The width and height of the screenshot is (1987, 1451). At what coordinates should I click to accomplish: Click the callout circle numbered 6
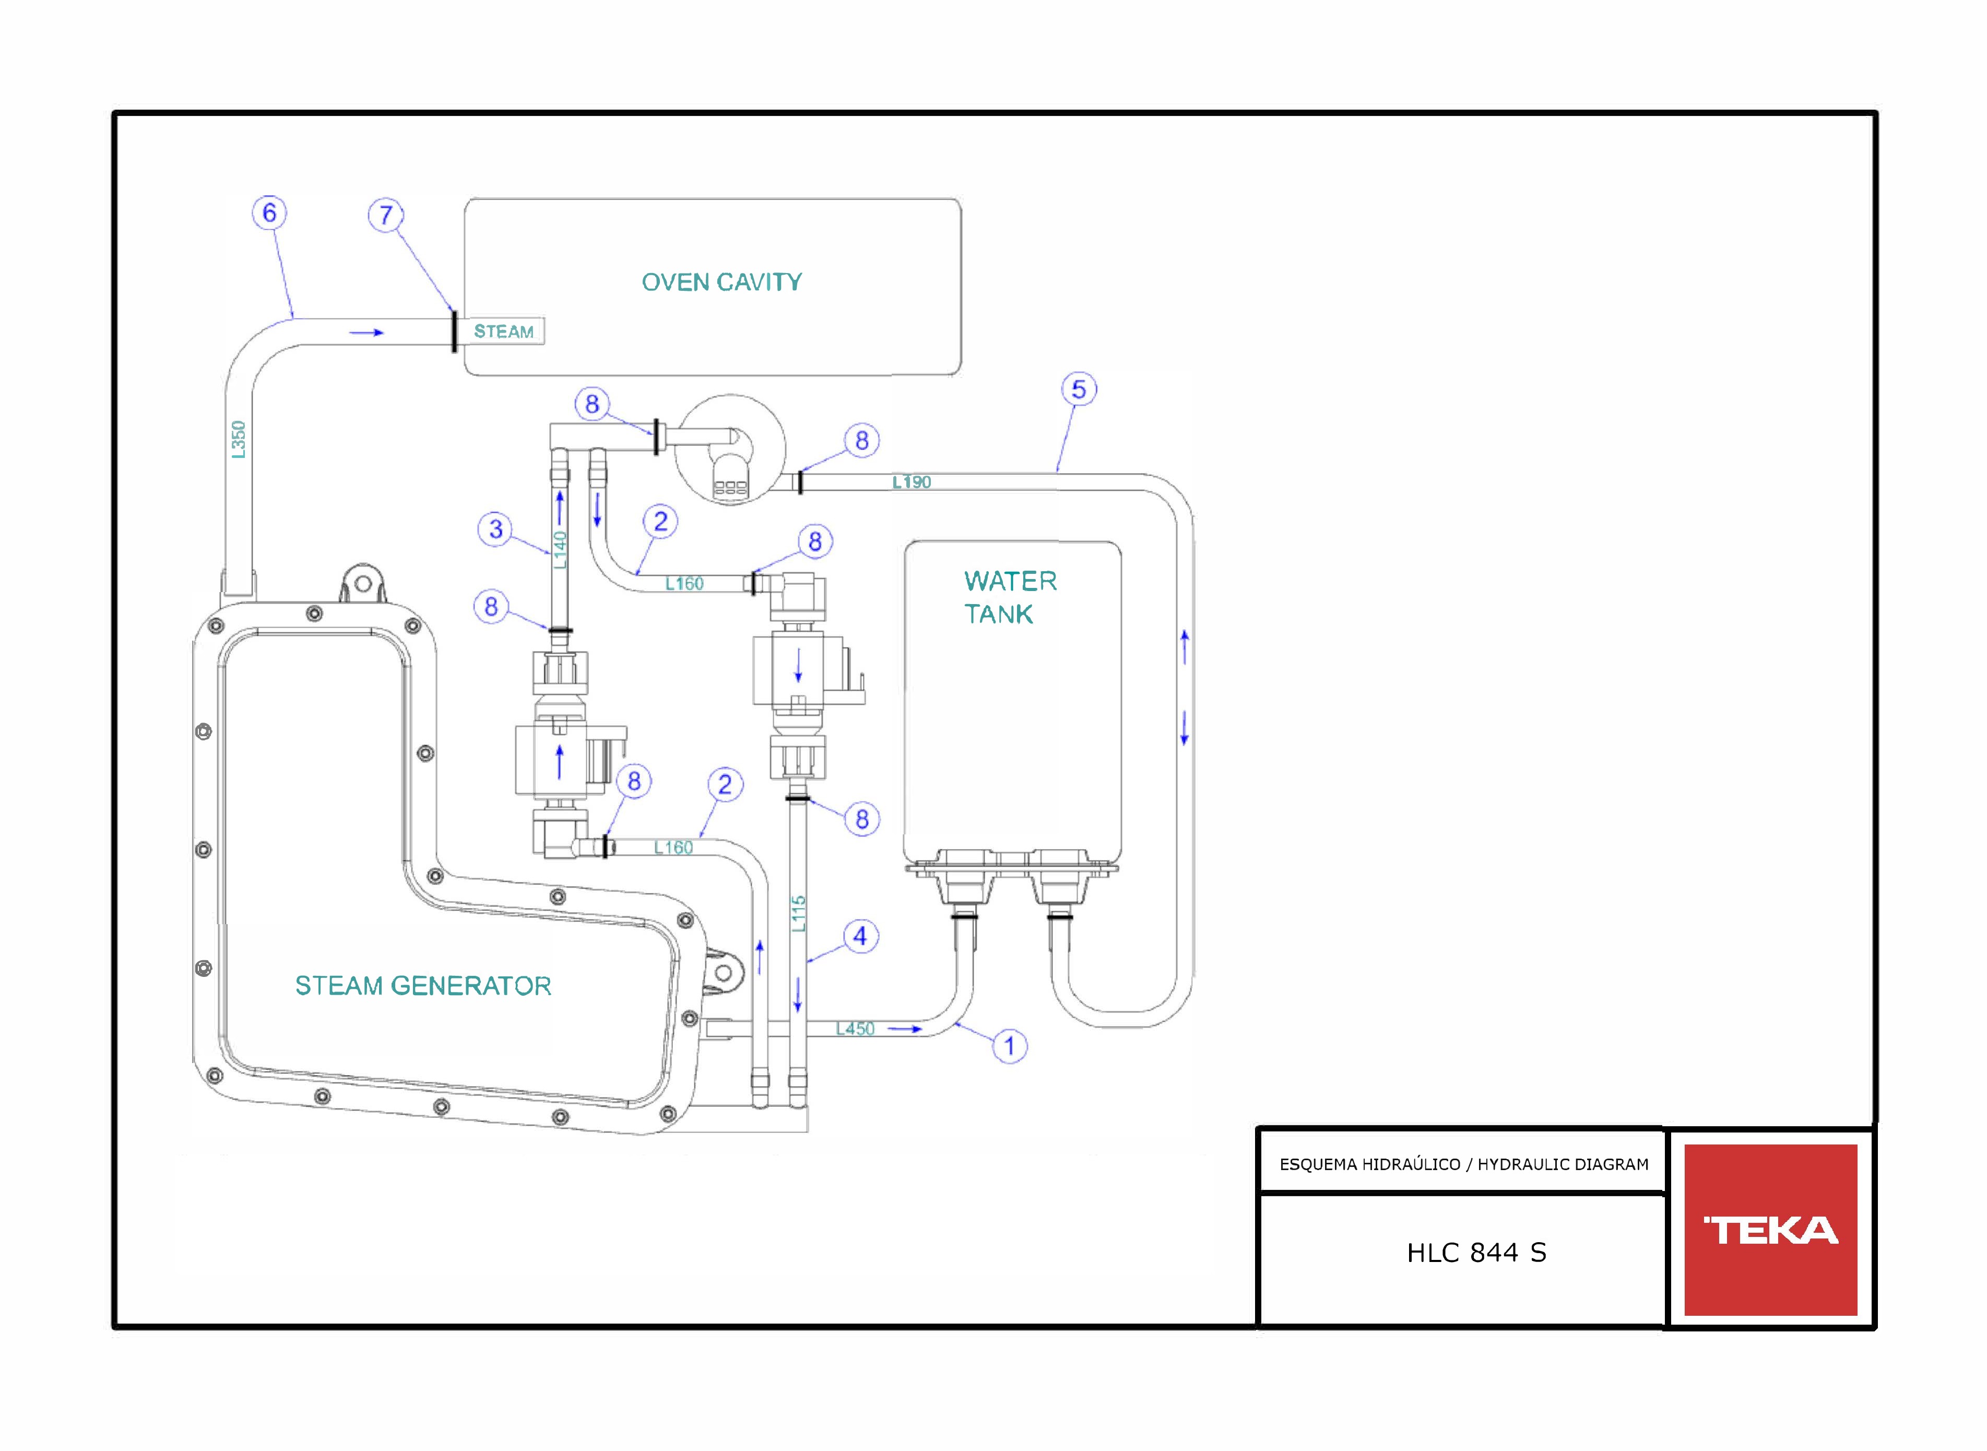pyautogui.click(x=269, y=213)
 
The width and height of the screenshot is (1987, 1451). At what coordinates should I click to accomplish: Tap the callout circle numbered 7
pyautogui.click(x=385, y=215)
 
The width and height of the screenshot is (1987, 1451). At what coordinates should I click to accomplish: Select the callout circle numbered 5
pyautogui.click(x=1079, y=389)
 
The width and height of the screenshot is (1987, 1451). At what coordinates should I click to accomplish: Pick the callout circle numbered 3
pyautogui.click(x=495, y=529)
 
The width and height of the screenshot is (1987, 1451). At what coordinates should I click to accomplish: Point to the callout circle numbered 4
pyautogui.click(x=860, y=936)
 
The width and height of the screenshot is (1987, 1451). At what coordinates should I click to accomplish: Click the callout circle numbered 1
pyautogui.click(x=1010, y=1046)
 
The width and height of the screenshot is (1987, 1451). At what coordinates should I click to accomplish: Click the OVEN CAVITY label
pyautogui.click(x=722, y=282)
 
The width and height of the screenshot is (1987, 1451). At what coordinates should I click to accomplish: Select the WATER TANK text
pyautogui.click(x=1010, y=597)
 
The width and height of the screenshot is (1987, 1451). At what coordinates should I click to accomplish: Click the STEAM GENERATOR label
pyautogui.click(x=423, y=985)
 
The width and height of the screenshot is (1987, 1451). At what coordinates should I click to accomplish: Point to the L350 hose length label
pyautogui.click(x=239, y=439)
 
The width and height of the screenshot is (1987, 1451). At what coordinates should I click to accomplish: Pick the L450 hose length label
pyautogui.click(x=855, y=1029)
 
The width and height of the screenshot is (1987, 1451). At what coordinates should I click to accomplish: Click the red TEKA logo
pyautogui.click(x=1770, y=1230)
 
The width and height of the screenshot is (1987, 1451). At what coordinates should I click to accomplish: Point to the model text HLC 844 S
pyautogui.click(x=1477, y=1253)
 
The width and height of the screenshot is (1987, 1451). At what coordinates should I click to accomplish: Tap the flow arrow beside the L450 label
pyautogui.click(x=904, y=1029)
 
